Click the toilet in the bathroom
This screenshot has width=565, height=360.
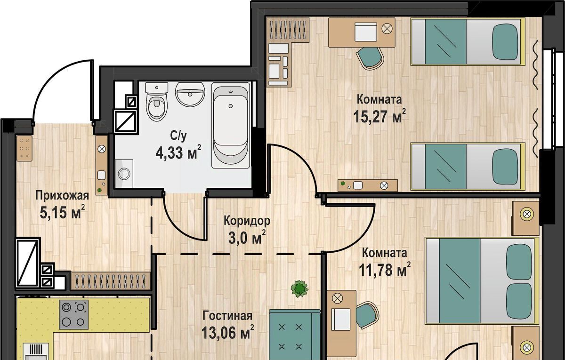[157, 102]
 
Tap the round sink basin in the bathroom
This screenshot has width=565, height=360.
[190, 94]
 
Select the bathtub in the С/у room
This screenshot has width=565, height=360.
[231, 125]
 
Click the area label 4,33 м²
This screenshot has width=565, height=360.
[178, 152]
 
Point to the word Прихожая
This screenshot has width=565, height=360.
[62, 196]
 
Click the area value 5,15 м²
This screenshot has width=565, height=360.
[62, 213]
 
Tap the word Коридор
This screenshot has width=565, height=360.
[247, 221]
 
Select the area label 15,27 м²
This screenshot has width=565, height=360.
[379, 117]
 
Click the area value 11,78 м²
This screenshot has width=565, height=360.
[384, 270]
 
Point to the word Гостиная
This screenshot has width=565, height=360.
[227, 316]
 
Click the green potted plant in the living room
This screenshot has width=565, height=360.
[299, 288]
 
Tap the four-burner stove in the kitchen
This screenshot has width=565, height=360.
[74, 315]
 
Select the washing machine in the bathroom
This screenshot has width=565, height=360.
[124, 174]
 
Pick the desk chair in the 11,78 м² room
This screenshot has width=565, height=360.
[367, 315]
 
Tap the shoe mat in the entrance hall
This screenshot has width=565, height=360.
[24, 148]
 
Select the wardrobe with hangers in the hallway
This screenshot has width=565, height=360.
[111, 280]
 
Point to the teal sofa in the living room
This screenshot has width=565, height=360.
[294, 335]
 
